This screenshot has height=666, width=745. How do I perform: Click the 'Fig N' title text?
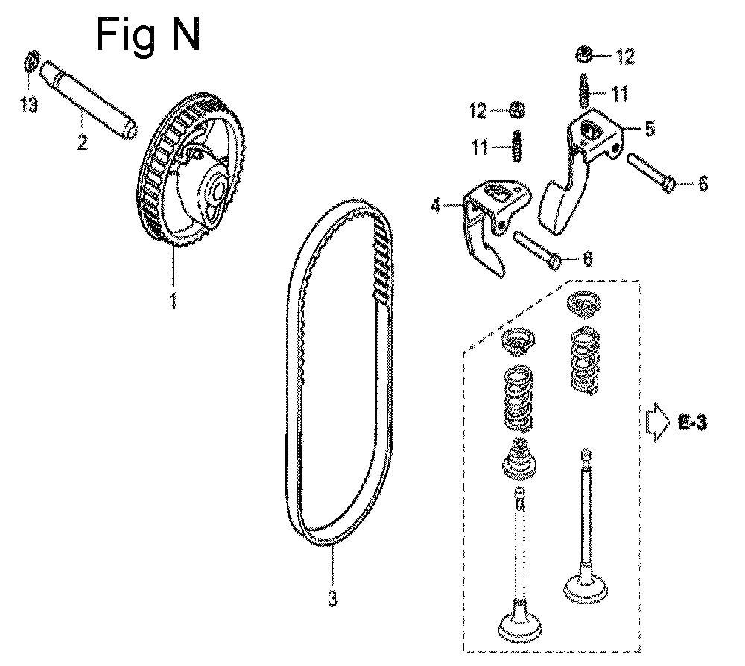(x=148, y=36)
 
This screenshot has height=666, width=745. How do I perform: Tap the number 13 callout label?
(x=29, y=104)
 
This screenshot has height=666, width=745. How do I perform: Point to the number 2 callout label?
(x=82, y=142)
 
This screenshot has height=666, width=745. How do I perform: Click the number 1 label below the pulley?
(x=174, y=300)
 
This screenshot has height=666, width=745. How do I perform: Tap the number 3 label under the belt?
(x=332, y=597)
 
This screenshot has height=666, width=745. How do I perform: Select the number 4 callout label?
(x=435, y=206)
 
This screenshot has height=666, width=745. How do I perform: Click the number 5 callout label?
(x=650, y=129)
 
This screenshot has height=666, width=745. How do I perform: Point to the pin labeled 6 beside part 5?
(x=651, y=172)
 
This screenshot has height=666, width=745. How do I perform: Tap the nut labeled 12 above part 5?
(x=584, y=54)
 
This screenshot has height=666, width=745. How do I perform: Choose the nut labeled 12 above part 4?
(x=517, y=110)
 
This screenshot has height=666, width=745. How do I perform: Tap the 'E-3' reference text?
(x=692, y=422)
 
